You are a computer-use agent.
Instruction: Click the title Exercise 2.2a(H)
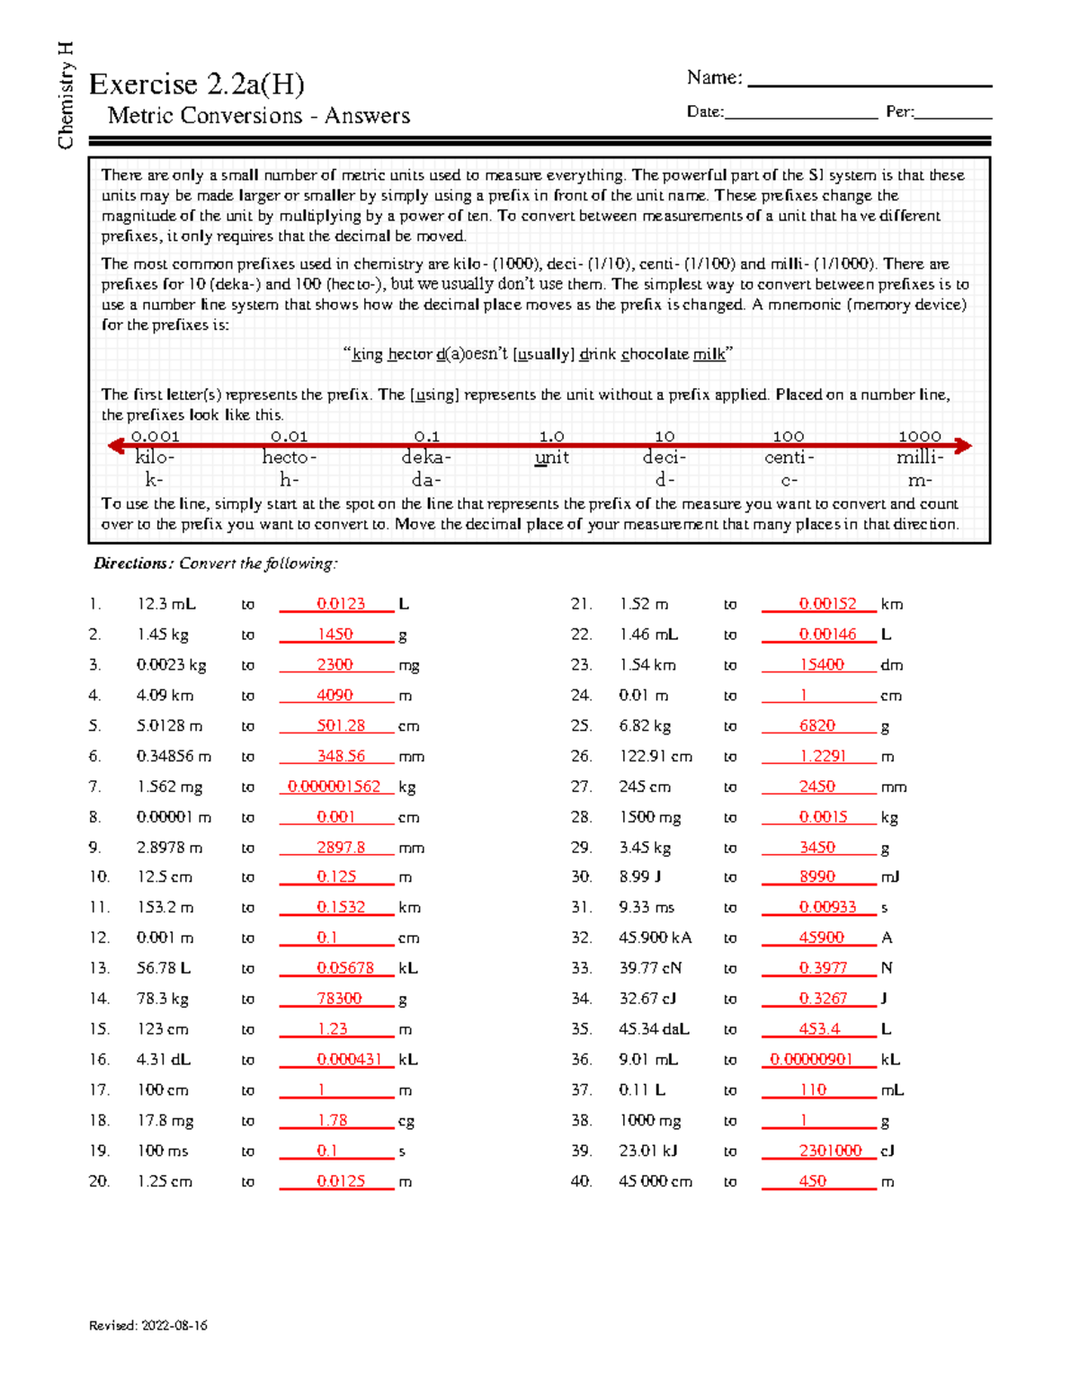point(196,84)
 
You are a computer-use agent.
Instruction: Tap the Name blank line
point(869,84)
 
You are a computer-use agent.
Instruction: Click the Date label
point(705,112)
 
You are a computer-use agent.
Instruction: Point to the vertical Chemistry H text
point(65,95)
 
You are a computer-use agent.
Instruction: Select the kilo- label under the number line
point(155,458)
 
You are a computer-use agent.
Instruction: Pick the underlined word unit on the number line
point(551,458)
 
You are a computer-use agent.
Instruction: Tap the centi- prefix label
point(789,458)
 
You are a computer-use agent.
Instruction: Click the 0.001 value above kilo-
point(155,437)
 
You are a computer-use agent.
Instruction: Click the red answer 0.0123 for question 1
point(341,604)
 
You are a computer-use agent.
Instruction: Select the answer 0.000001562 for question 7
point(334,787)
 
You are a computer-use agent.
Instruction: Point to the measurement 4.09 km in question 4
point(165,696)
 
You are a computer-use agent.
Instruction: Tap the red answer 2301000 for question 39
point(830,1151)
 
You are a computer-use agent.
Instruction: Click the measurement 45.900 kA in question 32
point(655,938)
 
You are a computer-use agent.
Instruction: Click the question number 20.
point(99,1181)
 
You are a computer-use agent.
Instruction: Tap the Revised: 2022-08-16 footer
point(148,1325)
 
